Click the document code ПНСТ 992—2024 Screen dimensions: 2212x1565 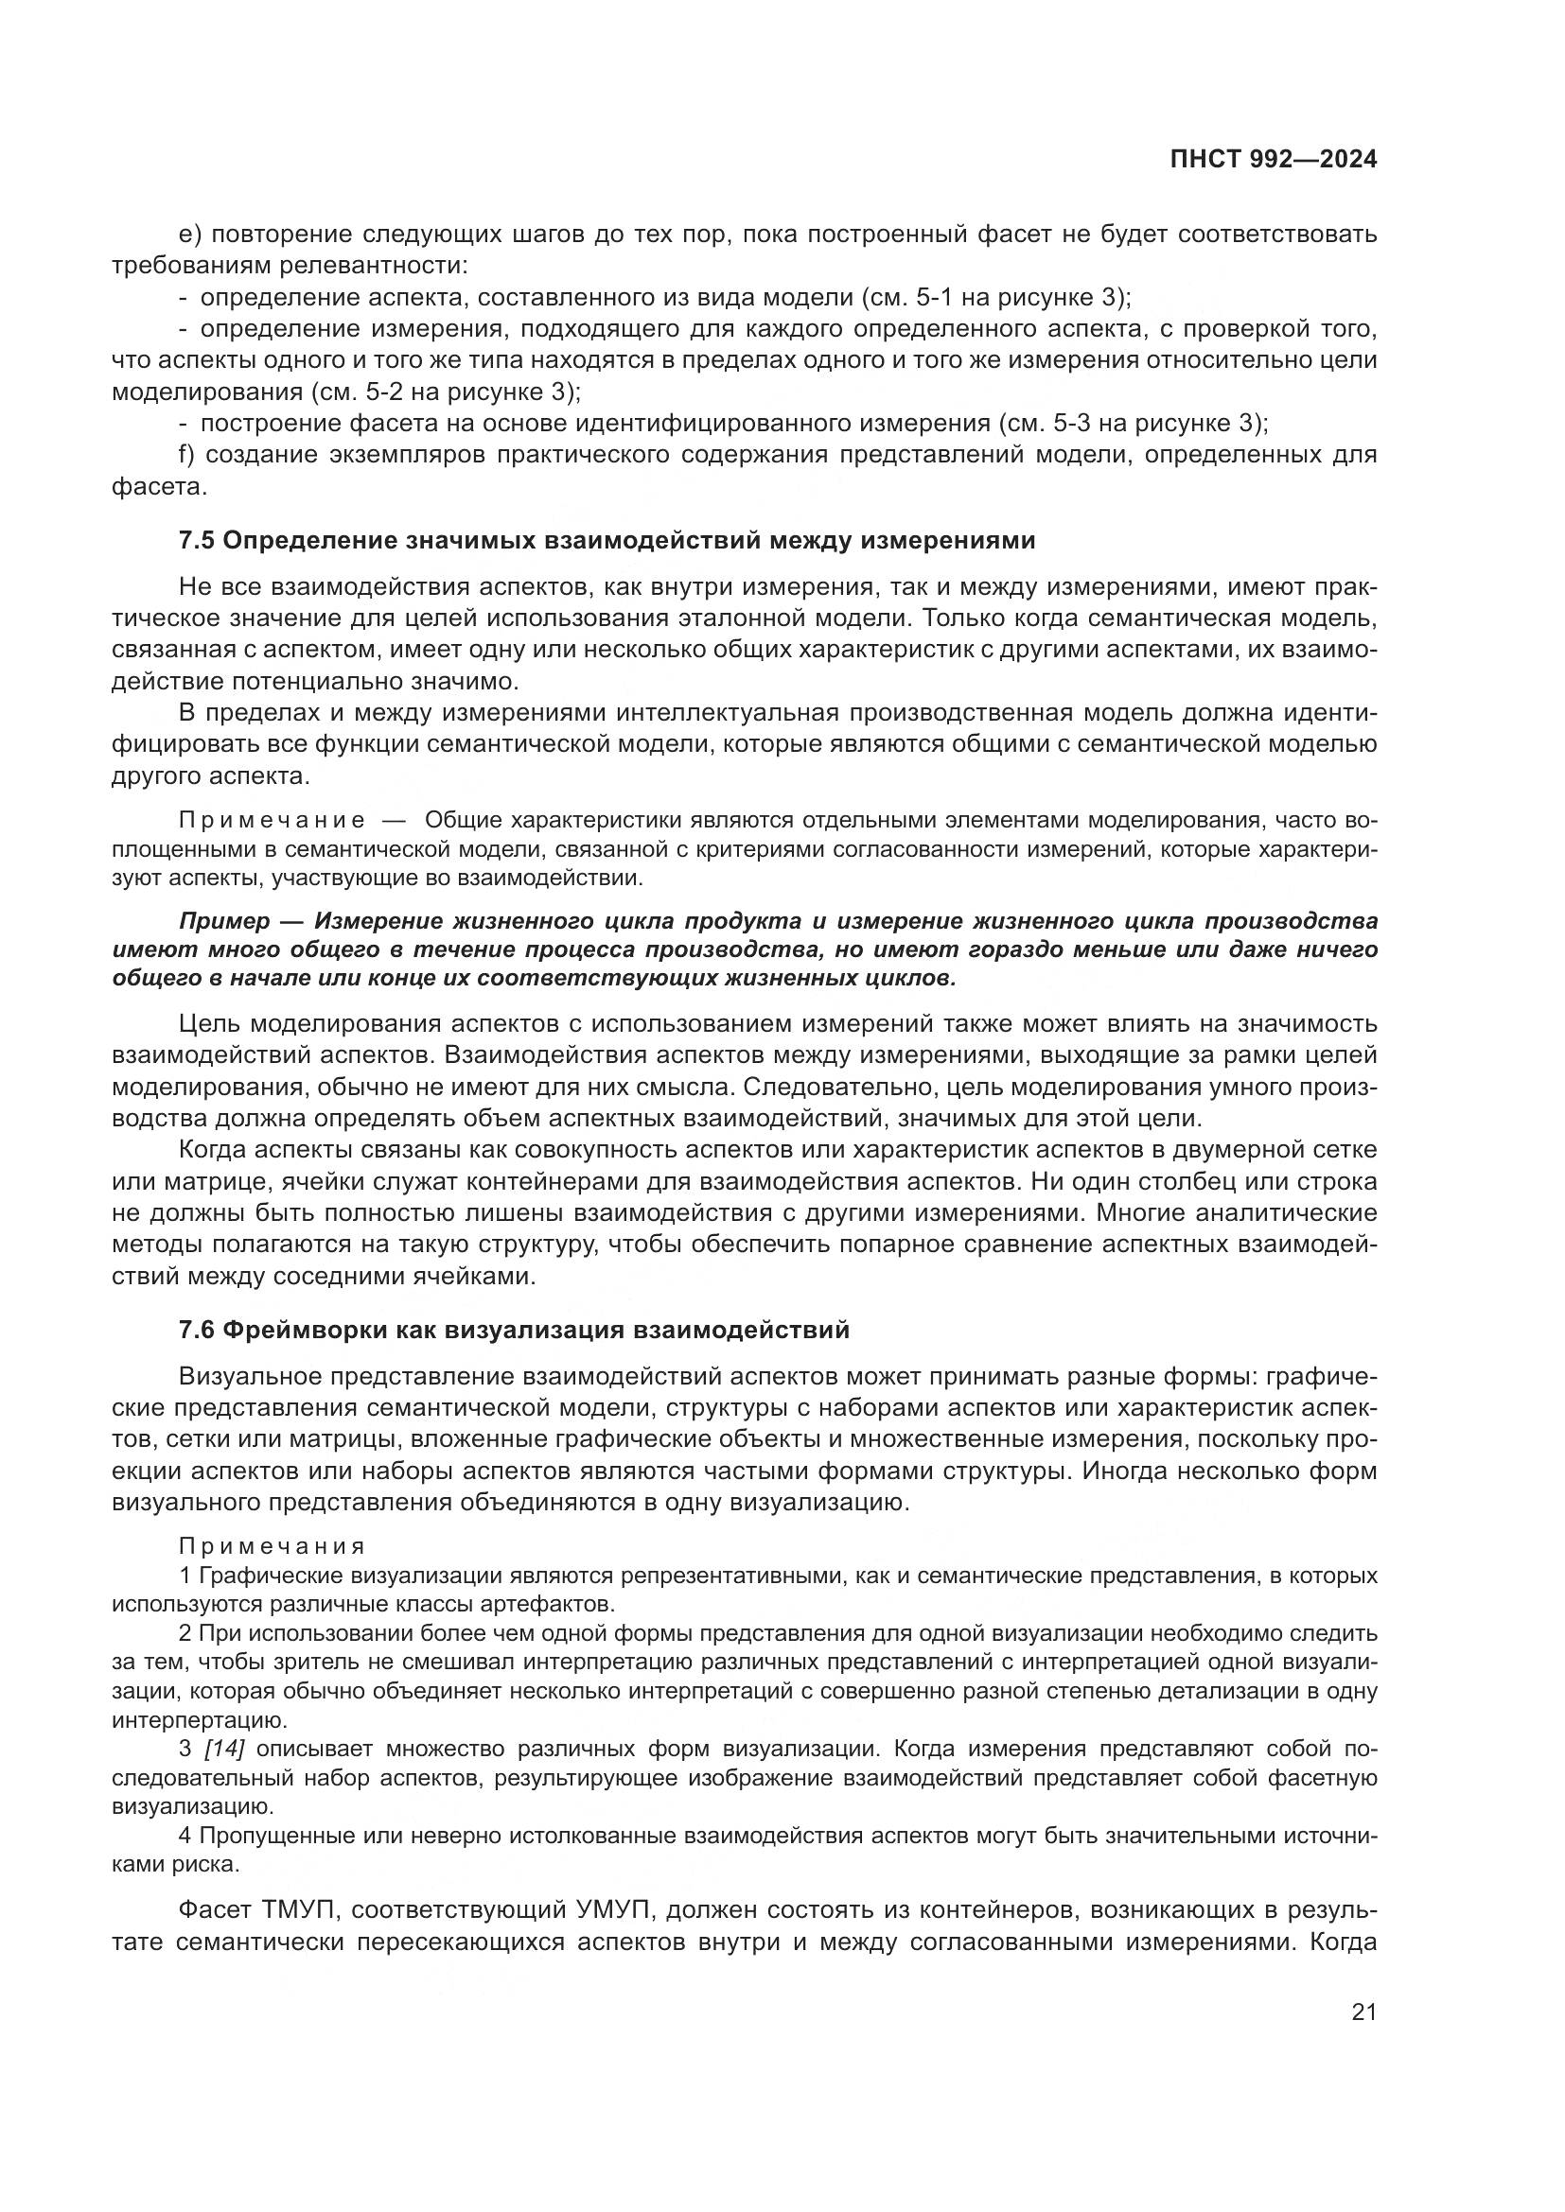click(x=1273, y=160)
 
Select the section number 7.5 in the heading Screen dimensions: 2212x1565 click(x=197, y=541)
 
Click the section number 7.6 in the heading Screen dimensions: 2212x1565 click(x=197, y=1331)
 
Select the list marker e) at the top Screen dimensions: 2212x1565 click(x=189, y=235)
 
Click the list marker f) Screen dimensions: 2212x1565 click(x=187, y=455)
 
